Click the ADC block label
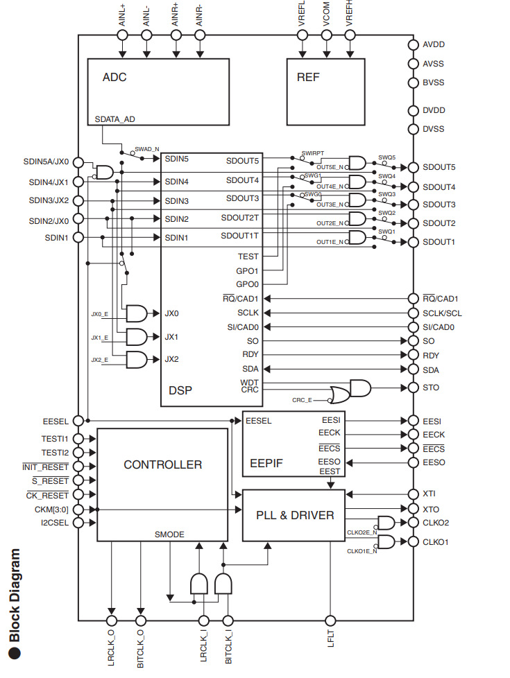coord(114,77)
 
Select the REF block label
coord(308,77)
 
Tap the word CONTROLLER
coord(162,464)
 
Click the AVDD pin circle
coord(412,45)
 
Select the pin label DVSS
coord(434,129)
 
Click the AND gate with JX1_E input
coord(135,337)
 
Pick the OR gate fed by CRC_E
coord(341,395)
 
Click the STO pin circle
coord(412,388)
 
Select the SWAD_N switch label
coord(147,149)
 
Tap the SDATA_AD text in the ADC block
coord(115,119)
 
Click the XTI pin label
coord(430,494)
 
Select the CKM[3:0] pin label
coord(51,509)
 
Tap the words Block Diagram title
coord(15,596)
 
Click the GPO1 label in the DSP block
coord(247,270)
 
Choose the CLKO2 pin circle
coord(412,523)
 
